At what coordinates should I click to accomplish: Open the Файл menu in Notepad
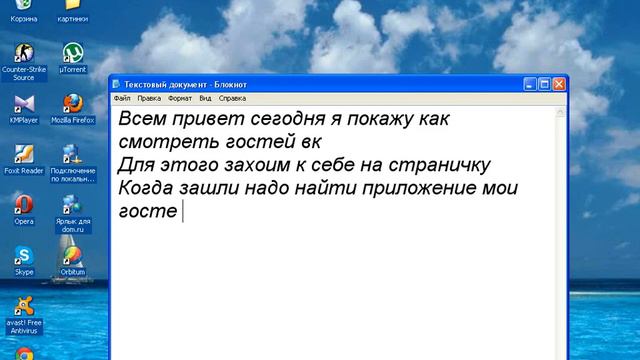coord(122,99)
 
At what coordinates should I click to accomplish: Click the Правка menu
coord(149,99)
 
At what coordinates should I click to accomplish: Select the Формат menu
coord(180,99)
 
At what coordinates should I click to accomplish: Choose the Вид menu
coord(205,99)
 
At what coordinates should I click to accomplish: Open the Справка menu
coord(232,99)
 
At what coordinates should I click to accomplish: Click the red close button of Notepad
coord(559,84)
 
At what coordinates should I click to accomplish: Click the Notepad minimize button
coord(527,84)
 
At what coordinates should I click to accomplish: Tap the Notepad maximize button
coord(543,84)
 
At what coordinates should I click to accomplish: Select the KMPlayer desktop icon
coord(23,104)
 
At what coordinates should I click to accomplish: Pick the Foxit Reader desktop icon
coord(23,154)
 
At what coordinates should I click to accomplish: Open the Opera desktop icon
coord(23,205)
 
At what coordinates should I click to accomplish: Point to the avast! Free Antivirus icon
coord(23,306)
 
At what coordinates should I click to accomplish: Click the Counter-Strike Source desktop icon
coord(23,54)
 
